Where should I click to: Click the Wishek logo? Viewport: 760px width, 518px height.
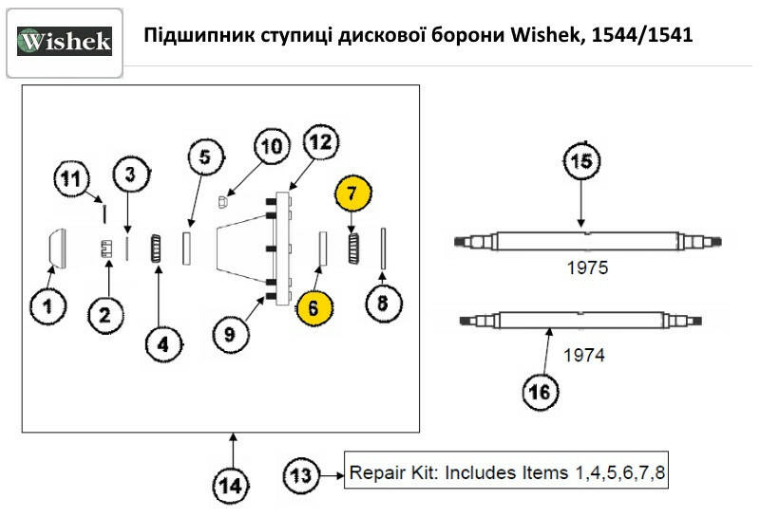pos(65,42)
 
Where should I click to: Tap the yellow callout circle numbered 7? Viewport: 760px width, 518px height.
pos(351,194)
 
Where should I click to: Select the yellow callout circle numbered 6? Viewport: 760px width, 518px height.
pos(314,309)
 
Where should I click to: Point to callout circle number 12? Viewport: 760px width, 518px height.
pos(321,143)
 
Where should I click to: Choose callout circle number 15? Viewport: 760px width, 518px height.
pos(584,162)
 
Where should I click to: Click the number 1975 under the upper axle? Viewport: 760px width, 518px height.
pos(586,268)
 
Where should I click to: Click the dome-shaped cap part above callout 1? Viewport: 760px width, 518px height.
pos(55,248)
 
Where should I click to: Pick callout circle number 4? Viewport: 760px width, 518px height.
pos(162,345)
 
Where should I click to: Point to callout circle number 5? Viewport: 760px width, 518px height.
pos(205,157)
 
